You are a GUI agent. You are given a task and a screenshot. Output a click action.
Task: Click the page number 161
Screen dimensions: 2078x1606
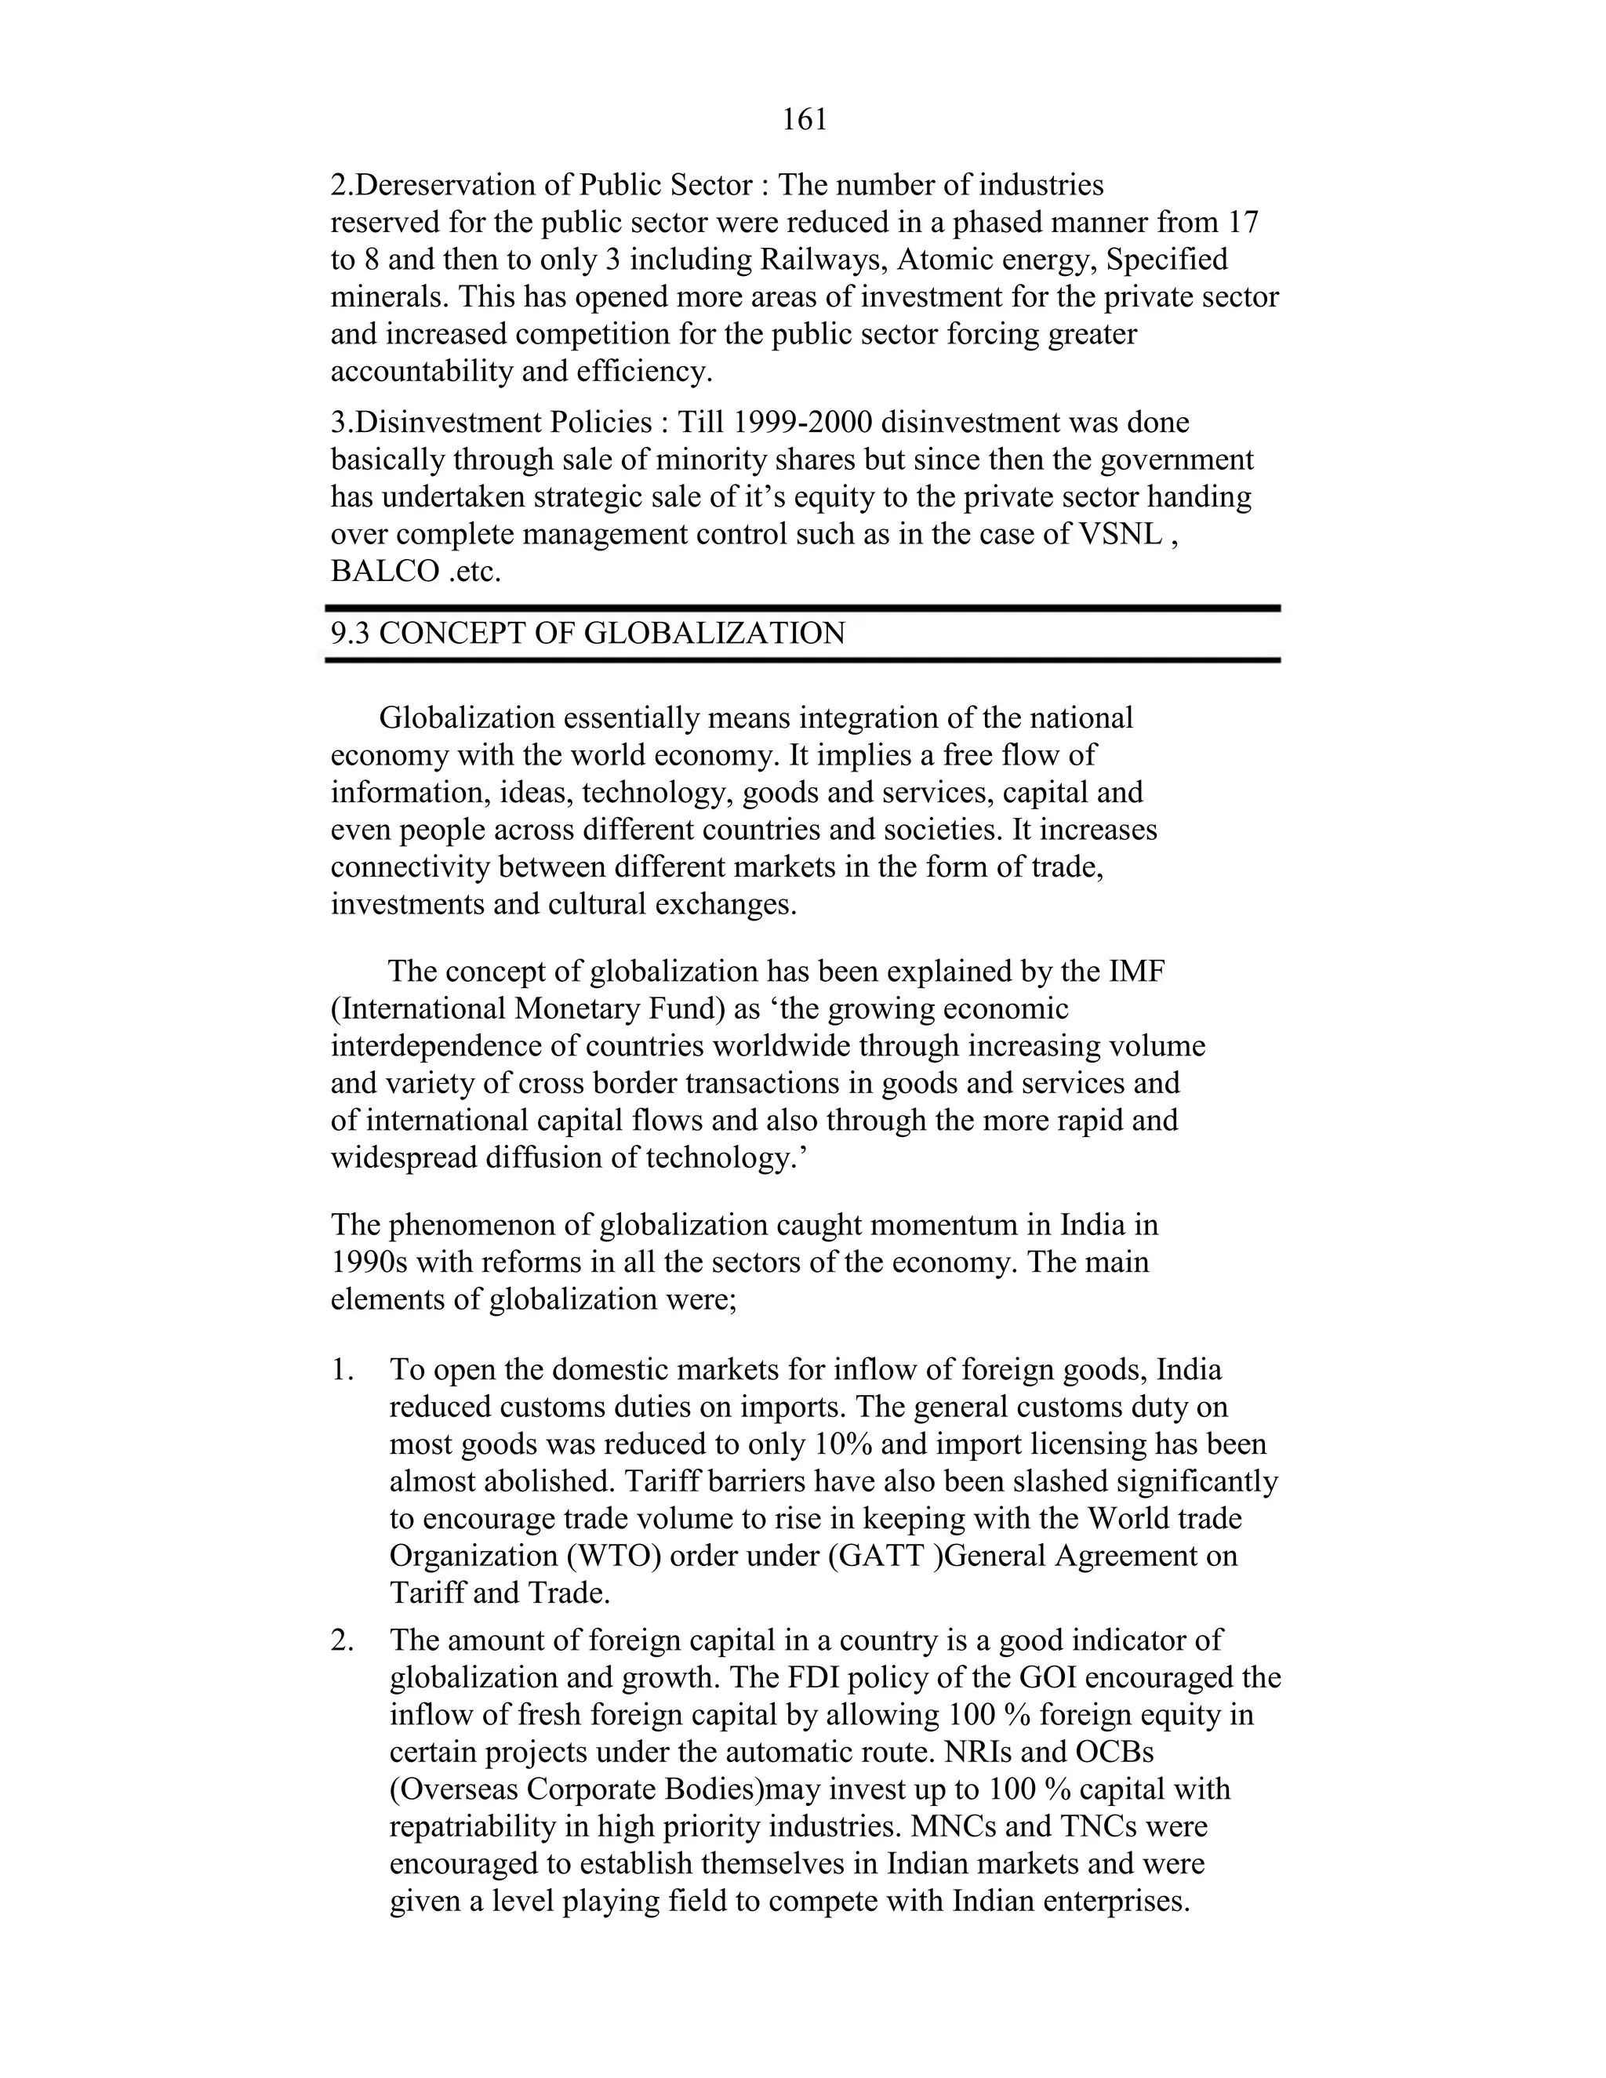pos(804,120)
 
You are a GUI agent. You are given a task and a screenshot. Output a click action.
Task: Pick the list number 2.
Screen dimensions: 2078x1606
pos(342,1640)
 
